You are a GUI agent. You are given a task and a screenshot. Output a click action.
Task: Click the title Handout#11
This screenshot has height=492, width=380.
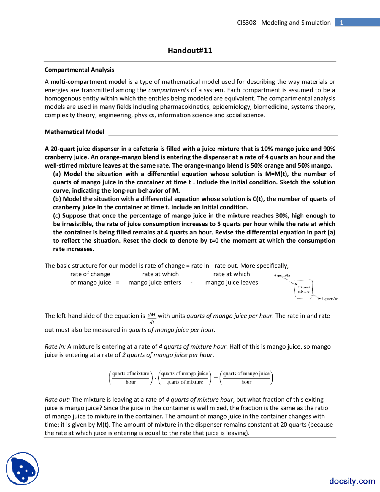190,51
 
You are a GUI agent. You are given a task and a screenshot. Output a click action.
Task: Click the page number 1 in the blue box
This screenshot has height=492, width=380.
341,23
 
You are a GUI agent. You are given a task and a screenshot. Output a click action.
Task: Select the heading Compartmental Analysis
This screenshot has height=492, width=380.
79,70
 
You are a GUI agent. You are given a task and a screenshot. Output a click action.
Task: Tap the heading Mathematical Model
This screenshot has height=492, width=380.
74,132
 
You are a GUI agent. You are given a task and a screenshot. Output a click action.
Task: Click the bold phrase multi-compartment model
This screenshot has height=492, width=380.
88,82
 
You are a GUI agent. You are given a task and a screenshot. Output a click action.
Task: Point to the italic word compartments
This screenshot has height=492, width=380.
168,90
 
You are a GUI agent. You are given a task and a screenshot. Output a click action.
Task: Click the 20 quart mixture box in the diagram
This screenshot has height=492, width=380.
304,289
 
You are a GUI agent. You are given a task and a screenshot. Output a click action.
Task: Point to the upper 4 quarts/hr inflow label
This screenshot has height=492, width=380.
282,275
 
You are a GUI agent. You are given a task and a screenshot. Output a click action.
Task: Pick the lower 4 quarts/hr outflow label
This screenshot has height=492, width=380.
330,299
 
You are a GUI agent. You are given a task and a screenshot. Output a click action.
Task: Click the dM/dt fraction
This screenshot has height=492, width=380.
152,318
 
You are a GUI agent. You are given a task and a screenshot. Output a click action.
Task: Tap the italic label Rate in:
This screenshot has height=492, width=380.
55,346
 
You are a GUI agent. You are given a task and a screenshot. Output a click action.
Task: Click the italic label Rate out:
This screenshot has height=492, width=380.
57,400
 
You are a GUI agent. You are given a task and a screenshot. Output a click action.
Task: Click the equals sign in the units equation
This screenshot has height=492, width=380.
216,378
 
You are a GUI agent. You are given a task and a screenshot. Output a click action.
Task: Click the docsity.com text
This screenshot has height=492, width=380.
352,481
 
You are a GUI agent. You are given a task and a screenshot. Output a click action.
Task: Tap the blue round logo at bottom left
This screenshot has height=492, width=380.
23,468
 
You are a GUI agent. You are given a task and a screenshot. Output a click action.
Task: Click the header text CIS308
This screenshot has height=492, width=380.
246,23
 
